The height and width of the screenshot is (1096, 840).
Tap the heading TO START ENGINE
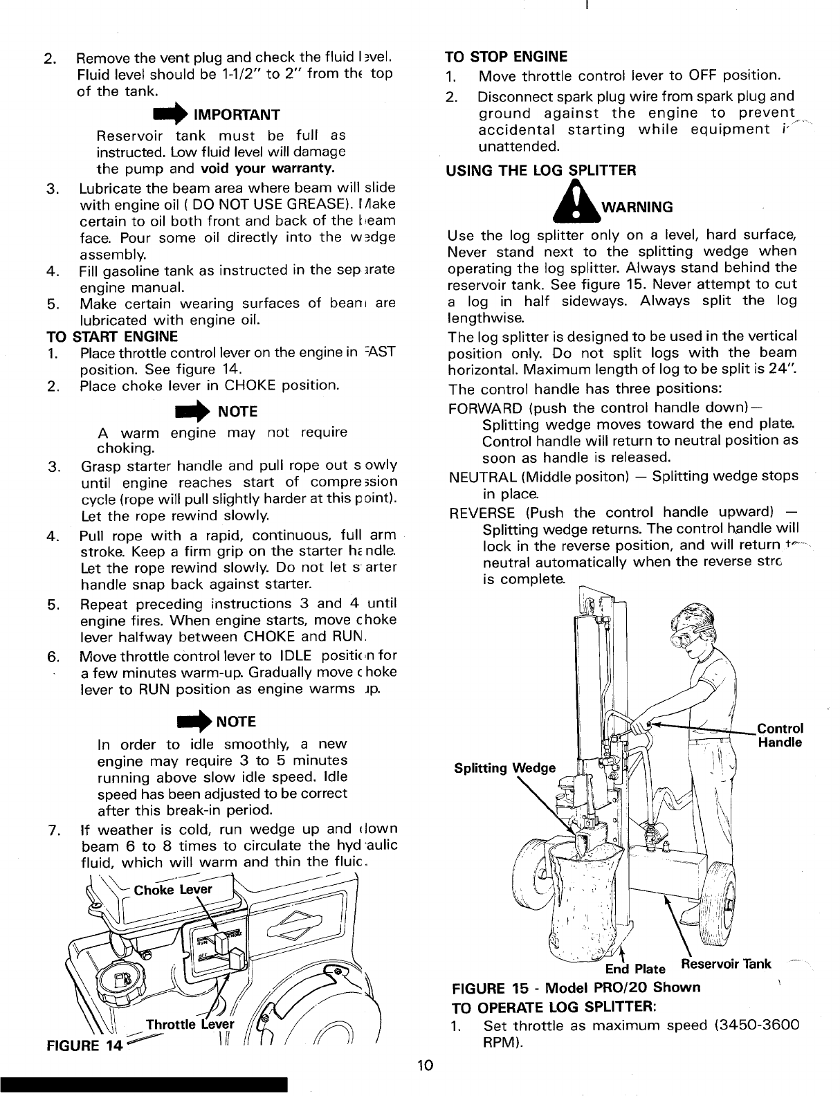[111, 337]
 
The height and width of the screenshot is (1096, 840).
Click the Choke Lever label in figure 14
[173, 890]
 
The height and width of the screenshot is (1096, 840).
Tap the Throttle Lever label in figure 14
[190, 1025]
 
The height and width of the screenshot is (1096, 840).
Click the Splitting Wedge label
[504, 768]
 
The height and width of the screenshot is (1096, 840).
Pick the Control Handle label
[780, 736]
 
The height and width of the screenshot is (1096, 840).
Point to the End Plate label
[635, 967]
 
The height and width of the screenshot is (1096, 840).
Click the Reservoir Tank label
[726, 963]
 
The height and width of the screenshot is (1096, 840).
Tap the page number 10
[425, 1065]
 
